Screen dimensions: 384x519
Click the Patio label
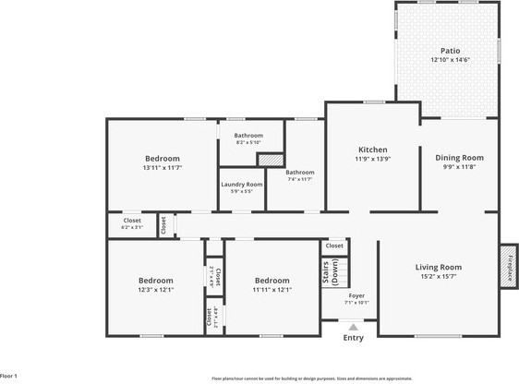coord(451,51)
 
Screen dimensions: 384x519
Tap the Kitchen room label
coord(372,150)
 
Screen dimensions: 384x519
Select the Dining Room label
coord(459,157)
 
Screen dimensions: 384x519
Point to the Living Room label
coord(438,267)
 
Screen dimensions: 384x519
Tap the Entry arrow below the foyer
coord(353,326)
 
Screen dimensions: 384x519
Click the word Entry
coord(353,338)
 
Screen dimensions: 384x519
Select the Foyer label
coord(356,294)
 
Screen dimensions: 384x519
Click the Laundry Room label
coord(241,184)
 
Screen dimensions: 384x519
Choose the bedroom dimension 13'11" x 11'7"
coord(162,167)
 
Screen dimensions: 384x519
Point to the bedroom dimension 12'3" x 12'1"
coord(156,290)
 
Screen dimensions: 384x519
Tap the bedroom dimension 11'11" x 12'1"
coord(272,290)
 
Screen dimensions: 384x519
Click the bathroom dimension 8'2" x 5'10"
coord(248,142)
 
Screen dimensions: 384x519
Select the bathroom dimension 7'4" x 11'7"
coord(299,179)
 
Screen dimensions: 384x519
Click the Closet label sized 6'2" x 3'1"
coord(132,226)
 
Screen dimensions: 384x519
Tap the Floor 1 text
coord(9,376)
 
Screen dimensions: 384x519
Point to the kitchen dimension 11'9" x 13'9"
coord(372,159)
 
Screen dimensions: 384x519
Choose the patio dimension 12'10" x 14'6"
coord(451,60)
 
